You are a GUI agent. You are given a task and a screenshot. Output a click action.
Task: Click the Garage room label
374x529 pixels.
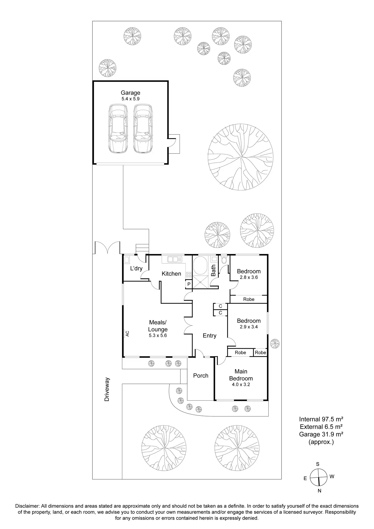pyautogui.click(x=130, y=93)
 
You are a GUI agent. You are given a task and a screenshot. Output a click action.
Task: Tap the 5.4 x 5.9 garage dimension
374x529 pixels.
pyautogui.click(x=130, y=99)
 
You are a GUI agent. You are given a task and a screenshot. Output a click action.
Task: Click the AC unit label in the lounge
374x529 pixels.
pyautogui.click(x=127, y=334)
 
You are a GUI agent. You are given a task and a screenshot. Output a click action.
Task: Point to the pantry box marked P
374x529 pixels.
pyautogui.click(x=189, y=284)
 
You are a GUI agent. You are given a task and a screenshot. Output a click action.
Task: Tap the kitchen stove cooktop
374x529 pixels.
pyautogui.click(x=189, y=275)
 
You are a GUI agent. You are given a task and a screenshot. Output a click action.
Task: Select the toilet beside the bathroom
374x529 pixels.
pyautogui.click(x=224, y=260)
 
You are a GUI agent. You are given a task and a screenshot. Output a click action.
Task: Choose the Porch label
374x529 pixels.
pyautogui.click(x=200, y=375)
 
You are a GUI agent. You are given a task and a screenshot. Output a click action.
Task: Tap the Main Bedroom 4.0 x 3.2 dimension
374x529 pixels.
pyautogui.click(x=241, y=385)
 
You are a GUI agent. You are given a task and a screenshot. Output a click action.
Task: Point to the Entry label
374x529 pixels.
pyautogui.click(x=209, y=336)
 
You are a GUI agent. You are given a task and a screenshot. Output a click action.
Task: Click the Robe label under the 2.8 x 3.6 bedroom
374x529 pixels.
pyautogui.click(x=248, y=299)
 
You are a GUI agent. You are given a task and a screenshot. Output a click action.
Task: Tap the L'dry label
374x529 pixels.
pyautogui.click(x=136, y=268)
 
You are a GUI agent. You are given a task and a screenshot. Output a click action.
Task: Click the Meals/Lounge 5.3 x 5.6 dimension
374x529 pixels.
pyautogui.click(x=158, y=335)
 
